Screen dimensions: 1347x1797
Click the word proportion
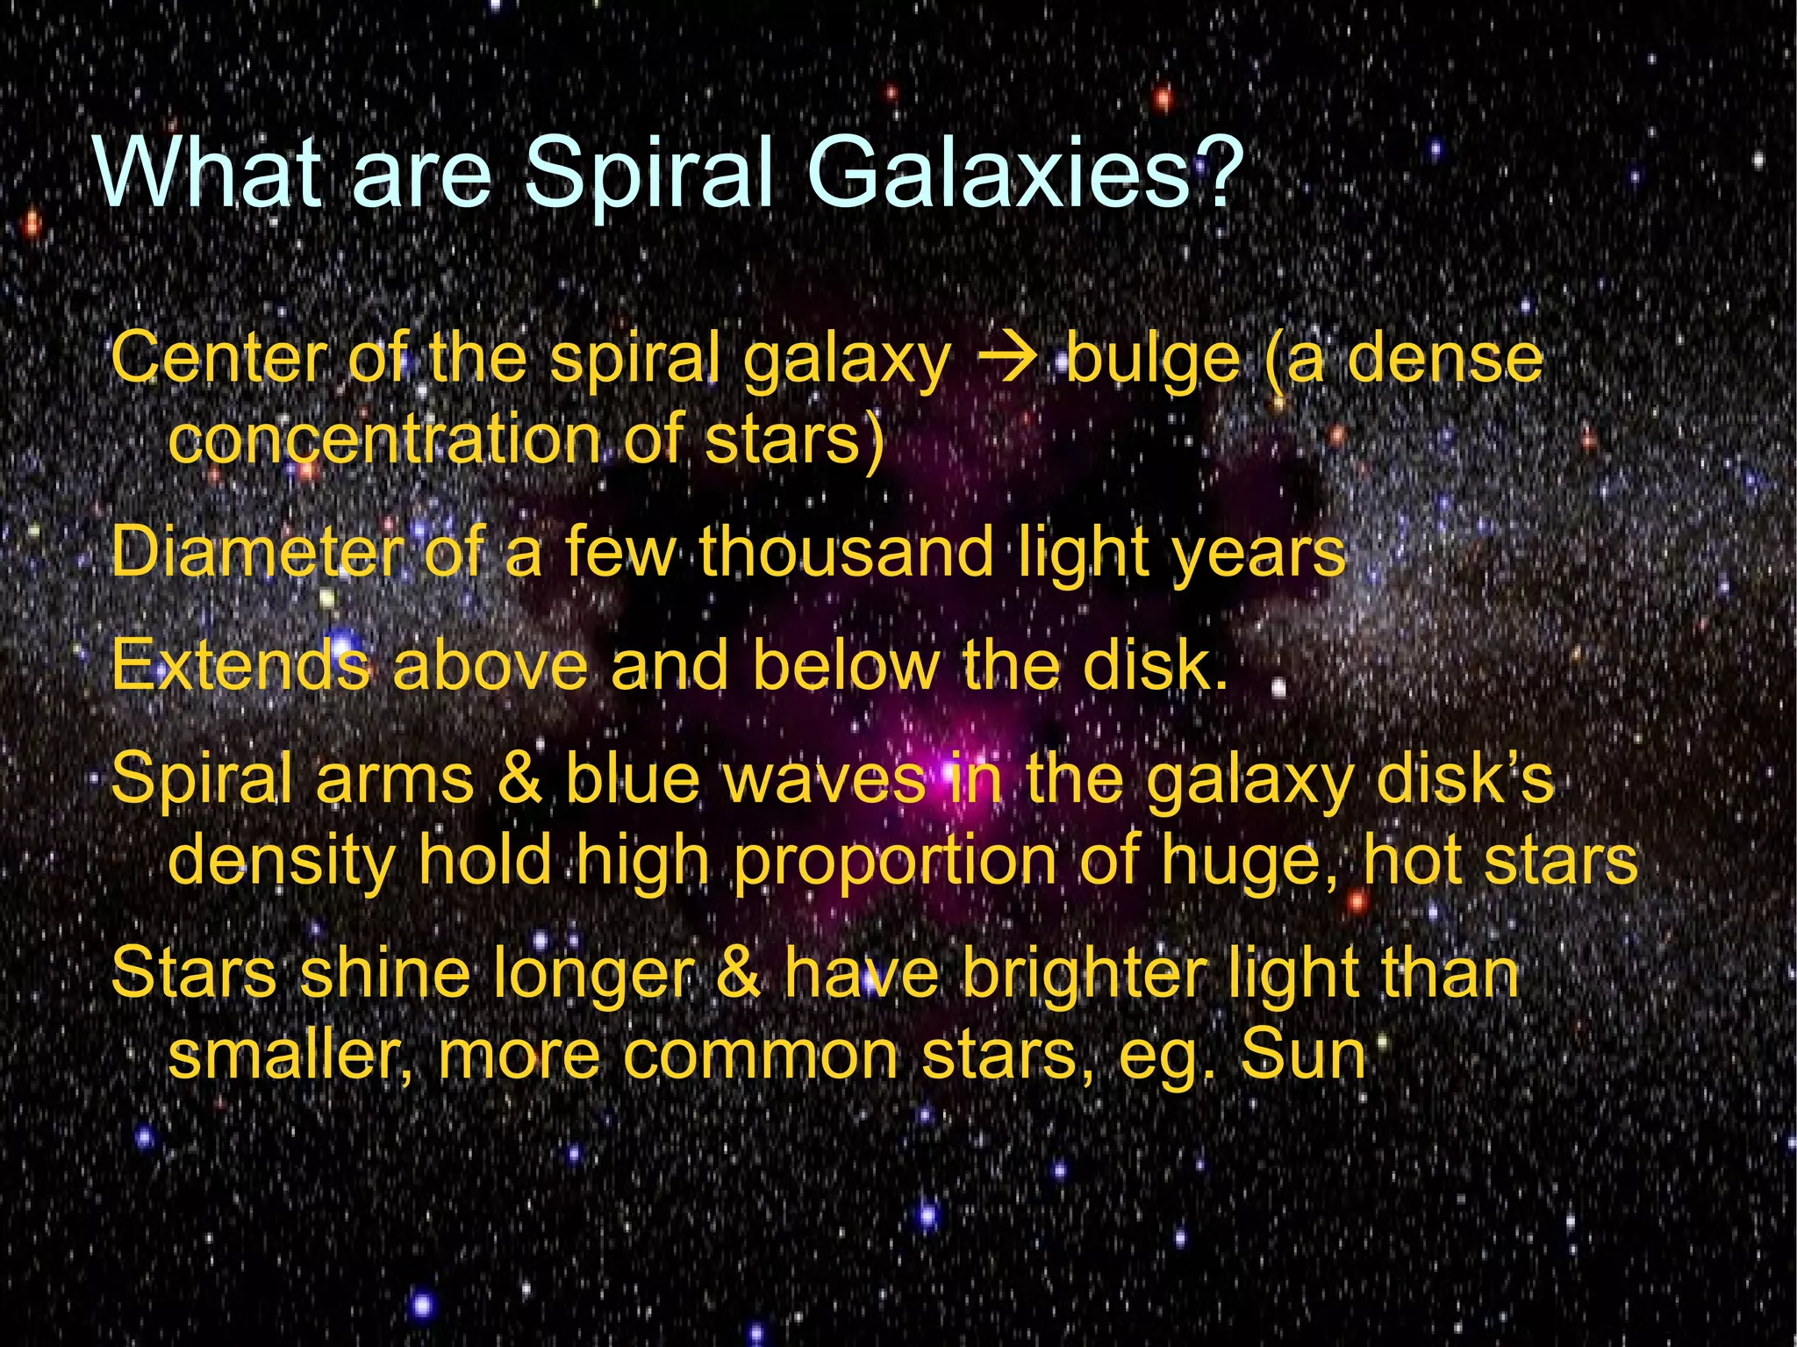[x=895, y=862]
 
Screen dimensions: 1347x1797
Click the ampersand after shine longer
[x=739, y=974]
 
